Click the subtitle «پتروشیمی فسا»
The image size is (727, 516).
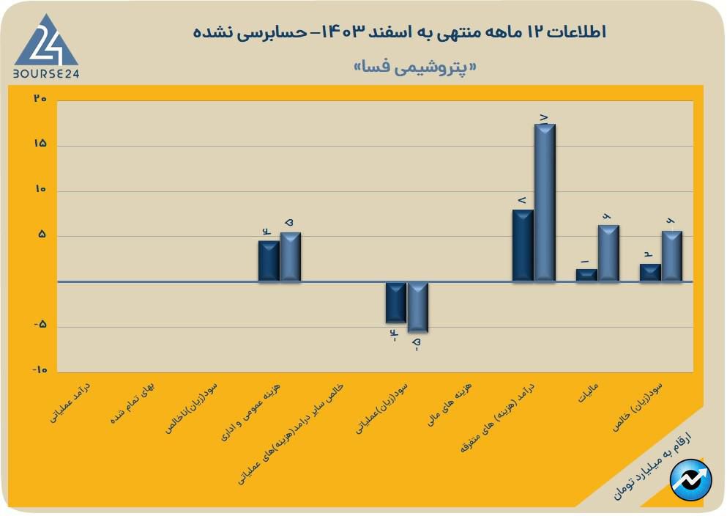414,67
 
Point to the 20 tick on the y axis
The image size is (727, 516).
40,98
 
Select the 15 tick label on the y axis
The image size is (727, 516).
40,144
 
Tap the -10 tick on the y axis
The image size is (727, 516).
39,371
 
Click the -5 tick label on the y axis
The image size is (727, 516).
40,325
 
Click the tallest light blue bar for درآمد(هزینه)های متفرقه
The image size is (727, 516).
545,202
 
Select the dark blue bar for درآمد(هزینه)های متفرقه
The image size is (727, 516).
523,246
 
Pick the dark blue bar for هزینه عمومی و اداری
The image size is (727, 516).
269,261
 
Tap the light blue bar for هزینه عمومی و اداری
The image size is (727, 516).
291,257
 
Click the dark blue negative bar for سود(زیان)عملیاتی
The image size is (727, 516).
396,302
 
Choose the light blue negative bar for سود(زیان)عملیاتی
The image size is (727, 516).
417,307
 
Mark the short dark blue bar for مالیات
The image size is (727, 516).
586,275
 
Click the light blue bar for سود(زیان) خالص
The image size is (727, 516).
672,256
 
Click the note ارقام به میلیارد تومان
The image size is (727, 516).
648,463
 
